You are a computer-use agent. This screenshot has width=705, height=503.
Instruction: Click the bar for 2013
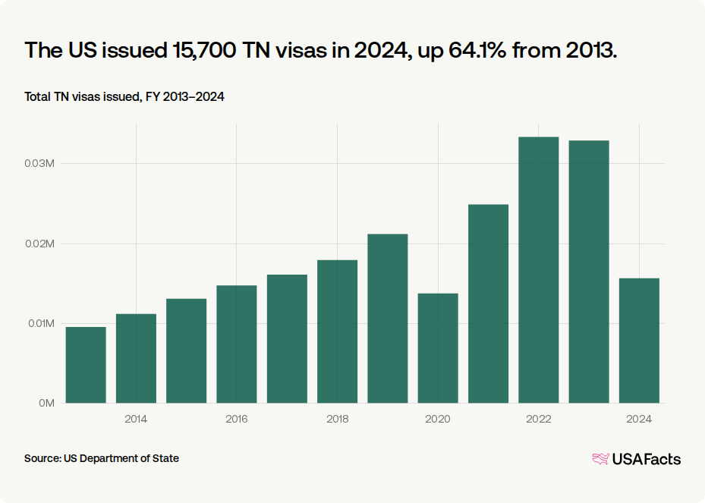click(86, 365)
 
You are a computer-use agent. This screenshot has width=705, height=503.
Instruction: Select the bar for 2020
click(438, 348)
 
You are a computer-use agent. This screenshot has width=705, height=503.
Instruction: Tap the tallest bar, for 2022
click(539, 270)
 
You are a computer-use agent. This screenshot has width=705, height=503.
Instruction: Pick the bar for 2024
click(639, 341)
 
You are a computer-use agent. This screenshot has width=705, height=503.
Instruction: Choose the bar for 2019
click(388, 319)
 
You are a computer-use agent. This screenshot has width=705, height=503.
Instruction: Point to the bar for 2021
click(488, 304)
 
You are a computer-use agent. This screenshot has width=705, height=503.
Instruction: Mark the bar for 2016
click(237, 344)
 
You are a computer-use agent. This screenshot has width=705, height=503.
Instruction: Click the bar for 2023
click(589, 272)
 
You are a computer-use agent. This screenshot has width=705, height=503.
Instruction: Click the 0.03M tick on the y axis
click(39, 164)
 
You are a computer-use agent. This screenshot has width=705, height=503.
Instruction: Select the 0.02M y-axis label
click(39, 244)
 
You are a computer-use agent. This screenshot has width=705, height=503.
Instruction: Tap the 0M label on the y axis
click(47, 403)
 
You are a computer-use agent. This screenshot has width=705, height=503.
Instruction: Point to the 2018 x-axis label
click(337, 420)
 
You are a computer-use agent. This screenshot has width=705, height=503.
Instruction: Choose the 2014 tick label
click(136, 420)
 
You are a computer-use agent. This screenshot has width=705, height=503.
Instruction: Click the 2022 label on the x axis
click(539, 420)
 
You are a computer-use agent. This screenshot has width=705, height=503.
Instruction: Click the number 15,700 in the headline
click(205, 50)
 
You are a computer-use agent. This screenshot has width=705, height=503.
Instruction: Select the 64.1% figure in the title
click(477, 50)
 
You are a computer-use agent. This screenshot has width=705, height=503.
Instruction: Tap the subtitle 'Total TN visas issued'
click(82, 97)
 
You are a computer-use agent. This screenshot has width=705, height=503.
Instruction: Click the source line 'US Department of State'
click(121, 458)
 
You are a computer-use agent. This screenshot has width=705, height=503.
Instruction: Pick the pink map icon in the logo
click(601, 459)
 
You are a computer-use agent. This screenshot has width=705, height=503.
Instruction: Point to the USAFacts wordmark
click(647, 459)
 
